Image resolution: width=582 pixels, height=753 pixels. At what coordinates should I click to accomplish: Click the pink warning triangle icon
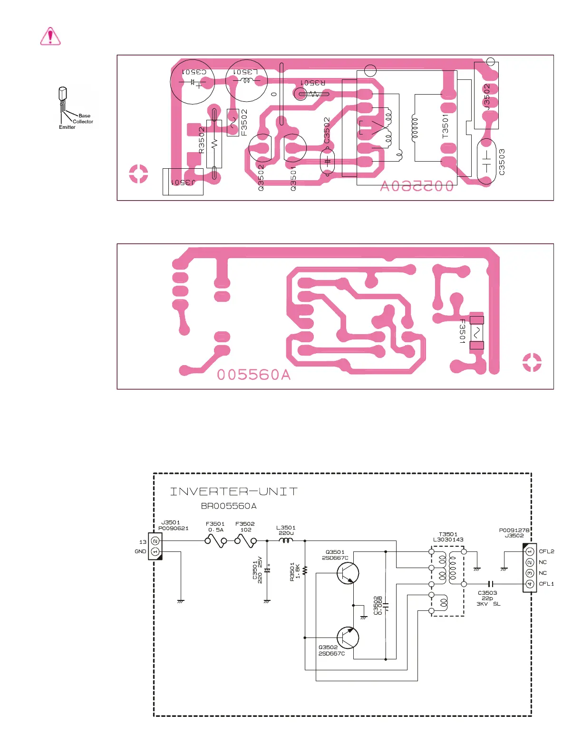click(x=50, y=36)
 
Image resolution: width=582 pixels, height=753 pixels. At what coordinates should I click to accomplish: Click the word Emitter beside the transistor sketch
click(x=67, y=127)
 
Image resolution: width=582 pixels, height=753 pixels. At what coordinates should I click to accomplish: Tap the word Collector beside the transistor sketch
click(x=83, y=122)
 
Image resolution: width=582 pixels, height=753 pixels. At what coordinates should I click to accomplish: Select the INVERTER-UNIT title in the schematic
click(x=234, y=492)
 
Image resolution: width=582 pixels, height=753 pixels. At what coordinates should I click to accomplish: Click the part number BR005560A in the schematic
click(x=229, y=506)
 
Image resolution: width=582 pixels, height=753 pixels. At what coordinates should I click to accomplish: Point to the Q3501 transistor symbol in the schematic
click(x=348, y=573)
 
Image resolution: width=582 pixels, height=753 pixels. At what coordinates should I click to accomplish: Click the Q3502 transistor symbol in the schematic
click(x=348, y=637)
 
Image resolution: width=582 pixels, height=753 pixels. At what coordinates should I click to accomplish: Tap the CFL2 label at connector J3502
click(x=546, y=551)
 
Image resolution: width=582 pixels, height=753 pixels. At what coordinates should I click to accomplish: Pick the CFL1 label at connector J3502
click(x=546, y=584)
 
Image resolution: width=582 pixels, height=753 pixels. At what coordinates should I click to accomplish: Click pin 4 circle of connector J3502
click(x=530, y=584)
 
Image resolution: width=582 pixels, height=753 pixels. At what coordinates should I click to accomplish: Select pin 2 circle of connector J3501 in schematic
click(x=155, y=541)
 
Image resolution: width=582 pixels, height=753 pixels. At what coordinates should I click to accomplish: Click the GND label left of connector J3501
click(x=140, y=551)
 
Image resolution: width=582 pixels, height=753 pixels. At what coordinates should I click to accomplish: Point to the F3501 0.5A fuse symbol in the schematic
click(x=216, y=541)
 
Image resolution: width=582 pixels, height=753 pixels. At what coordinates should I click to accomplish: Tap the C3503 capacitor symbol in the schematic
click(x=492, y=584)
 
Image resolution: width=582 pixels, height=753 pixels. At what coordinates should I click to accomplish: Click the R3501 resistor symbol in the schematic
click(x=305, y=570)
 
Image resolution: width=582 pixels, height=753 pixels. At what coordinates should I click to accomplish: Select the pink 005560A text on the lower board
click(x=253, y=375)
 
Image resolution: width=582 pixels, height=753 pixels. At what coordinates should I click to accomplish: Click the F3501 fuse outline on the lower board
click(x=476, y=332)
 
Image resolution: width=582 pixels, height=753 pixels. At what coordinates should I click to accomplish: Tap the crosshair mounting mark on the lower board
click(x=532, y=362)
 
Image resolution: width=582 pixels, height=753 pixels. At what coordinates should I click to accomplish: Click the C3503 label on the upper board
click(x=502, y=162)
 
